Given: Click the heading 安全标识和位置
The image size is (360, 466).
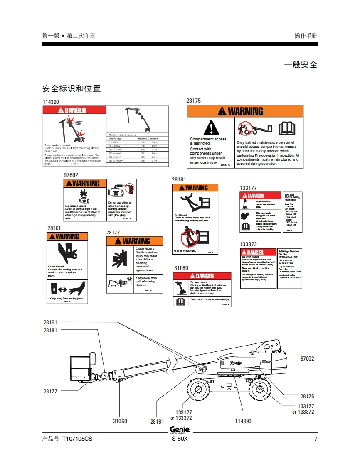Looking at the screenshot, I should click(x=72, y=88).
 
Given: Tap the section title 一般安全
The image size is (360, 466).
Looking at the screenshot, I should click(x=301, y=65).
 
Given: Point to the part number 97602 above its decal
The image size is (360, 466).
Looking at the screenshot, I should click(x=71, y=175).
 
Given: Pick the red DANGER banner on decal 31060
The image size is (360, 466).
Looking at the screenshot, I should click(x=202, y=276).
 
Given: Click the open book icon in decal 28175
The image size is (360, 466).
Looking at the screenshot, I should click(x=287, y=128).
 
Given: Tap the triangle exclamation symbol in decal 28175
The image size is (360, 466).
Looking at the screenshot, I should click(x=212, y=127).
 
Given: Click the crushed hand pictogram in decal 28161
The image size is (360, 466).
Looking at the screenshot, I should click(x=67, y=251).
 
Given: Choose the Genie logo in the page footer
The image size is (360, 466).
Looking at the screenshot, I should click(x=180, y=429).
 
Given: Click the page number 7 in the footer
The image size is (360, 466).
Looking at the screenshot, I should click(x=316, y=439).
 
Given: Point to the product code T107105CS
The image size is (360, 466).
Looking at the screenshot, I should click(x=77, y=439).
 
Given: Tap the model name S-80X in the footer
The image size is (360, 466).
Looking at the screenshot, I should click(x=180, y=439).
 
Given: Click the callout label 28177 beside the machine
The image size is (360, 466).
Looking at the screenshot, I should click(x=50, y=391).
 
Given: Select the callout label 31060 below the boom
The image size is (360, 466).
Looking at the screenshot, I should click(x=120, y=421).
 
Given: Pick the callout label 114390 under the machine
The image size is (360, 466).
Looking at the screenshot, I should click(x=243, y=421).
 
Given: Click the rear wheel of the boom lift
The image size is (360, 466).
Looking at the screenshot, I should click(x=261, y=390).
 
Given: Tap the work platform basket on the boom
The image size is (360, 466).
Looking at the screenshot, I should click(x=81, y=368).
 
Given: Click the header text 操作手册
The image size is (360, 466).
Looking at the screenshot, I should click(x=306, y=36).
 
